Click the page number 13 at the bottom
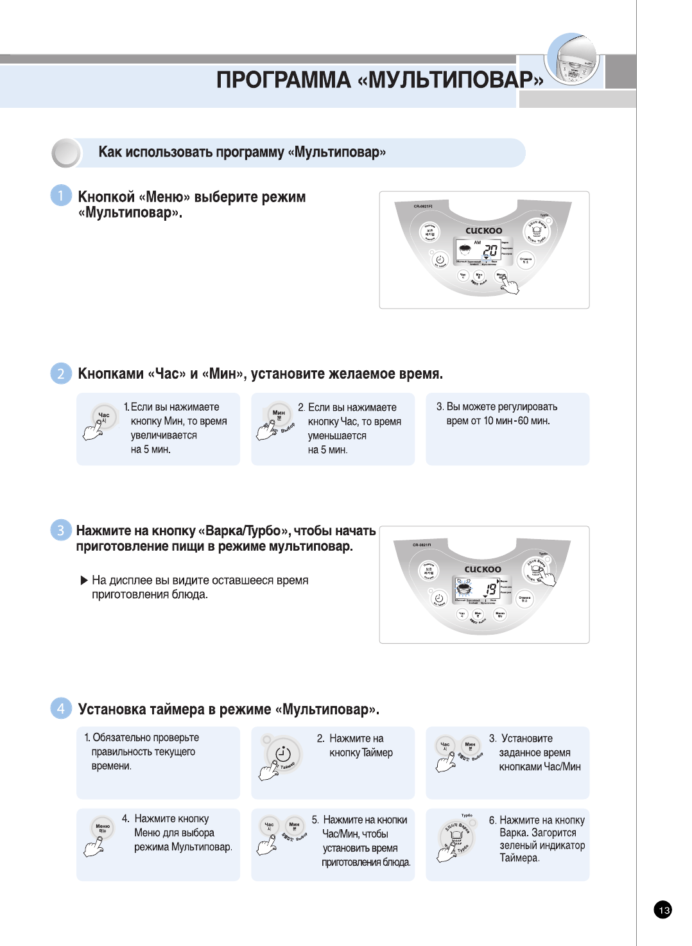[663, 909]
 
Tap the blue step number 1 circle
[61, 196]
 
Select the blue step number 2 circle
[61, 374]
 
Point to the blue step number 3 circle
[61, 530]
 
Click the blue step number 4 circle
[61, 709]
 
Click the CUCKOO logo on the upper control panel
[484, 230]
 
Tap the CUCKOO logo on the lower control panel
[483, 569]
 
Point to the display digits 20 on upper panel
[490, 251]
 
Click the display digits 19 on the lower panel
[490, 589]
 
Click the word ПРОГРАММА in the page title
[283, 80]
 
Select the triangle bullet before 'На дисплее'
[84, 581]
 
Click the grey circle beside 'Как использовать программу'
[65, 153]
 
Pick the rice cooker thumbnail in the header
[573, 61]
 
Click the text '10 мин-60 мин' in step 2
[516, 421]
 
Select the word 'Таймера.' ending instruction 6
[519, 858]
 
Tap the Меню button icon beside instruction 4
[103, 828]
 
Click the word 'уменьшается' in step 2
[337, 436]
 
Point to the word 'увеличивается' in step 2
[164, 435]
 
